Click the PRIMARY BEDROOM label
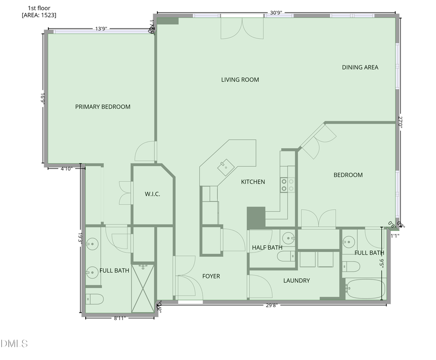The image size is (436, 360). pos(103,107)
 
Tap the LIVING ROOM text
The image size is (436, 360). pos(240,80)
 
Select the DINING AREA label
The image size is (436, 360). pos(360,67)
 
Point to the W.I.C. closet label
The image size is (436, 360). pos(152,194)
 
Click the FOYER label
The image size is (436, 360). pos(211,276)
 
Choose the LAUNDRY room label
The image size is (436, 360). pos(296,281)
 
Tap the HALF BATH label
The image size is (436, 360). pos(267,248)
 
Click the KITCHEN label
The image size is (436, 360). pos(253,182)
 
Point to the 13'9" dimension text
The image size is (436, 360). pos(101,29)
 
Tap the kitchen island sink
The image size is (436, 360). pos(225,166)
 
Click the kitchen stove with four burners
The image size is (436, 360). pos(288,185)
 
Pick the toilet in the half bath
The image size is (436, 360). pos(286,256)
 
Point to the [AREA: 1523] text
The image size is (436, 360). pos(39,15)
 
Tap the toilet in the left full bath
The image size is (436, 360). pos(93,298)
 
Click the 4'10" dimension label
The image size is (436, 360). pos(66,169)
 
